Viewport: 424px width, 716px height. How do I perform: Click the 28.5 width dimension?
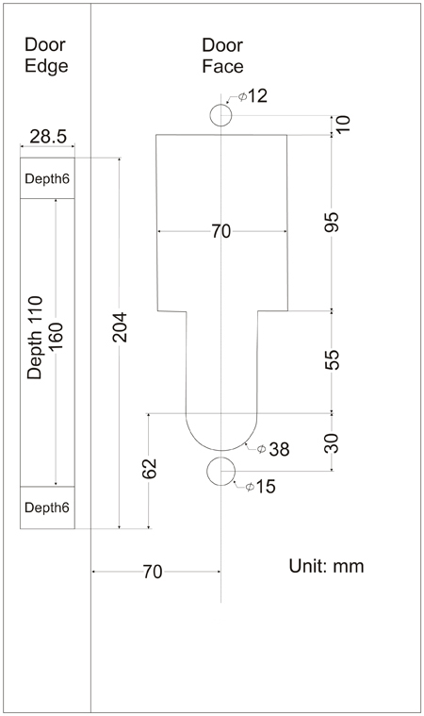point(48,137)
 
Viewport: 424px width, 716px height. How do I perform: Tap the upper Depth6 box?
point(47,178)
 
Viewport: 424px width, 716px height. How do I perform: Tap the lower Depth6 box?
point(47,508)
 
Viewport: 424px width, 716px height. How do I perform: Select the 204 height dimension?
point(120,327)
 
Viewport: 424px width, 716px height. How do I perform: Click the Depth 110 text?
point(34,338)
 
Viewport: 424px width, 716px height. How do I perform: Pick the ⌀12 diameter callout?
point(253,96)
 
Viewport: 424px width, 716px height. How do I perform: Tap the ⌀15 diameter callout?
point(260,487)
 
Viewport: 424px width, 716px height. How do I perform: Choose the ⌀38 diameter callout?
point(273,449)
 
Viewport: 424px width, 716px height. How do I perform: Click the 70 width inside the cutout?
point(221,231)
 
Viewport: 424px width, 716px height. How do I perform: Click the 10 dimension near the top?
point(343,124)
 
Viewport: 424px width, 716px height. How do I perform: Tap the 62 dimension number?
point(149,469)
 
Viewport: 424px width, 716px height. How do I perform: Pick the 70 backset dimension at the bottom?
point(153,572)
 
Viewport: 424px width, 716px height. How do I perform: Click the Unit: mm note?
point(326,566)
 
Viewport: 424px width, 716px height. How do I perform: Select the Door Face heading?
point(222,56)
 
